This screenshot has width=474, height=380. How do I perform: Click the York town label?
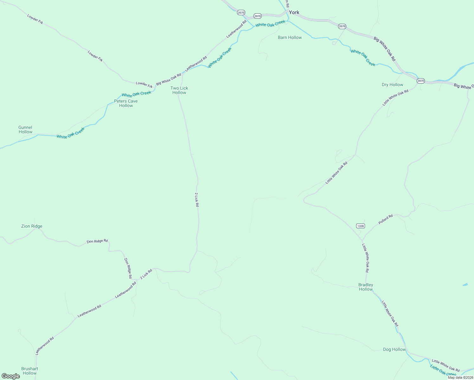pos(294,12)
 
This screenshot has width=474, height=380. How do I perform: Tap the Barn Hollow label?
pos(290,37)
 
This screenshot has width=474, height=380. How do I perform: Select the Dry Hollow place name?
pos(392,85)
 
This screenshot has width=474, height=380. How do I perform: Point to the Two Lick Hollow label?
pos(179,90)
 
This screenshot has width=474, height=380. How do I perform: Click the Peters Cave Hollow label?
pos(126,103)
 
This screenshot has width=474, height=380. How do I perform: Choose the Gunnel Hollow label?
pos(25,130)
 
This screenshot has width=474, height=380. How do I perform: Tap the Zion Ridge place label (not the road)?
pos(32,226)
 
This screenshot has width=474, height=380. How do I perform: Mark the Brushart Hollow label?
pos(29,371)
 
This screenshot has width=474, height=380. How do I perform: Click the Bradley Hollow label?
pos(366,287)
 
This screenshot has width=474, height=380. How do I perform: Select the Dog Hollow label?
pos(394,349)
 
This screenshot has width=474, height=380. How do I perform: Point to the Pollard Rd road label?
pos(386,219)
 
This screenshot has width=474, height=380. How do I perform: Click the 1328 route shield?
pos(360,226)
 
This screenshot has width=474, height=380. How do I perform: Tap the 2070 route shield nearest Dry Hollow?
pos(420,81)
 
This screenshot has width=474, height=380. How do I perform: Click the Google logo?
pos(11,376)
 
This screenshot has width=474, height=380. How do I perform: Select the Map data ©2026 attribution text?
pos(460,377)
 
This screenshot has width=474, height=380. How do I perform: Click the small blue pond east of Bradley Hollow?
pos(465,285)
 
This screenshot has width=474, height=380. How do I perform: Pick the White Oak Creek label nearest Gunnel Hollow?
pos(71,133)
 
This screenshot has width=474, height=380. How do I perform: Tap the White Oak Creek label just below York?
pos(270,24)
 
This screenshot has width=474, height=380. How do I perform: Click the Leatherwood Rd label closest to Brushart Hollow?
pos(45,345)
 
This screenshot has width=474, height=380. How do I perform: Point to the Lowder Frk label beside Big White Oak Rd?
pos(144,84)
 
